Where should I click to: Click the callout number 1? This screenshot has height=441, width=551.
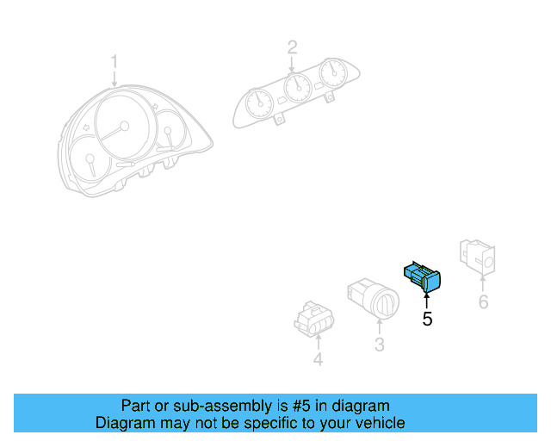point(115,61)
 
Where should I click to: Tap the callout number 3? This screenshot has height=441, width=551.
point(379,345)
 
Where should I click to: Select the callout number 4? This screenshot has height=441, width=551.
point(318,360)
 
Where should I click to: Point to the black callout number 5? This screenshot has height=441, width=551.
point(427,320)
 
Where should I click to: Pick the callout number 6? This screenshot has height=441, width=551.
point(483,301)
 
